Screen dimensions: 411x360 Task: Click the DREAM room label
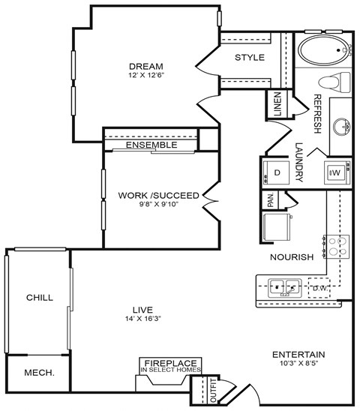(145, 65)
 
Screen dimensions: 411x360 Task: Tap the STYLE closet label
(249, 58)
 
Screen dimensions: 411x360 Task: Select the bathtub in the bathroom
(325, 52)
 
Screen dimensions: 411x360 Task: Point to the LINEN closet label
(277, 104)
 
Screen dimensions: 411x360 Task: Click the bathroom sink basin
(344, 125)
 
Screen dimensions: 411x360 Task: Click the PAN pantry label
(270, 200)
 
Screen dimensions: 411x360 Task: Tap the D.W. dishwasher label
(319, 287)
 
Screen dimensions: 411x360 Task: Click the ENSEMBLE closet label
(151, 145)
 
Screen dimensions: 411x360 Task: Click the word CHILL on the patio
(39, 298)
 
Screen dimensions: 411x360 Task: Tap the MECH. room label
(38, 371)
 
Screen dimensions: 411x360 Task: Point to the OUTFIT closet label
(211, 388)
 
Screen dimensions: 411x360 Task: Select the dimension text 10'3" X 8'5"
(298, 364)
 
